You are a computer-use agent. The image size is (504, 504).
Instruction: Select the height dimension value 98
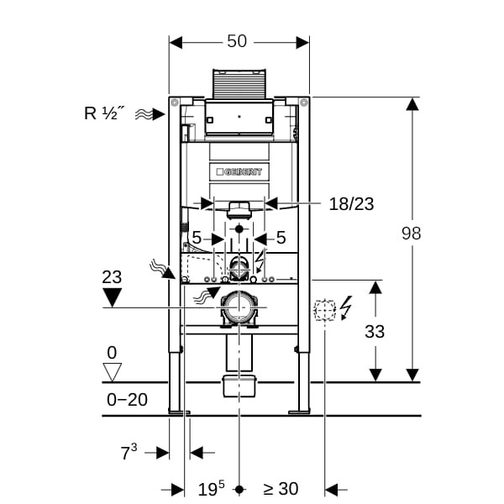(x=411, y=234)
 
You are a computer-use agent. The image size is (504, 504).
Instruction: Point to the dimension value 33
(x=375, y=331)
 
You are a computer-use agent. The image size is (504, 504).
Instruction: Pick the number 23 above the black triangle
(x=111, y=276)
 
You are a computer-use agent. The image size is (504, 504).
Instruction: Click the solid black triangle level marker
(x=111, y=297)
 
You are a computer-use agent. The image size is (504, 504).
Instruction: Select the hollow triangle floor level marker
(x=111, y=370)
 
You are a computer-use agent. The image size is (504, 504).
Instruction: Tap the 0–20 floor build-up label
(x=128, y=400)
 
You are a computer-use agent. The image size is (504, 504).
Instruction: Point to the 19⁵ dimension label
(x=211, y=489)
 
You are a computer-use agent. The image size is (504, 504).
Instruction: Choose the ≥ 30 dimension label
(x=280, y=489)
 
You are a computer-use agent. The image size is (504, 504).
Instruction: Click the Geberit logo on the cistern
(x=239, y=171)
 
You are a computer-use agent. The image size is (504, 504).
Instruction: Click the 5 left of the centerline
(x=197, y=239)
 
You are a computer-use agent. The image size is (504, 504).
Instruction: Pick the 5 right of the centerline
(x=281, y=239)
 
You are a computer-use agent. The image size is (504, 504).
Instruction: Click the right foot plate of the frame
(x=299, y=412)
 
